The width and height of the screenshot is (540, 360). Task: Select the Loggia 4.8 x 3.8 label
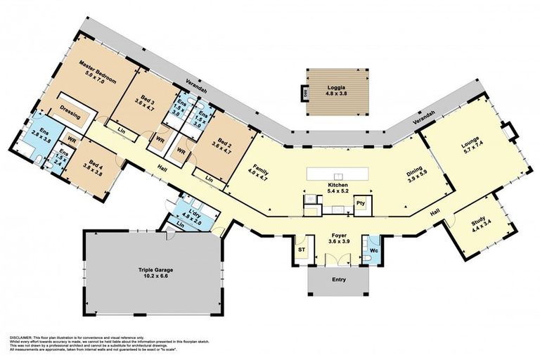click(x=336, y=89)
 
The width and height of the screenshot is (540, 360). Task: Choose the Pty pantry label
click(x=361, y=202)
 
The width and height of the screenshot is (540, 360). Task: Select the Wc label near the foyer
click(x=373, y=249)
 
